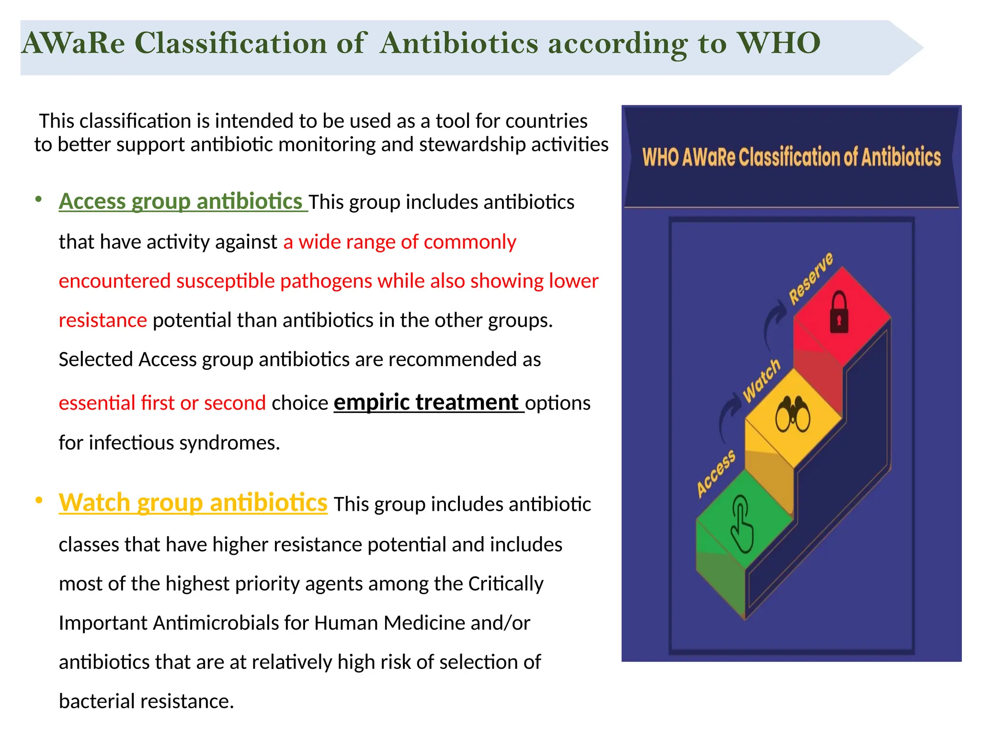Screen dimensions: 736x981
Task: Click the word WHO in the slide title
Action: click(778, 43)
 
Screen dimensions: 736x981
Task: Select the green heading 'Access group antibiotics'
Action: click(181, 201)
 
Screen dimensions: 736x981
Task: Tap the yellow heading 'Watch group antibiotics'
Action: click(193, 503)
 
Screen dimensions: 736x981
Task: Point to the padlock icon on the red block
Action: click(839, 312)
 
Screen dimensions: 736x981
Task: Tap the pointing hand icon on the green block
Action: click(741, 525)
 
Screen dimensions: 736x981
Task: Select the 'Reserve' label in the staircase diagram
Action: click(811, 278)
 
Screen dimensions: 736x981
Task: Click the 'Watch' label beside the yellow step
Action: click(762, 381)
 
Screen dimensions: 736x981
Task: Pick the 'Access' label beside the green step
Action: click(716, 473)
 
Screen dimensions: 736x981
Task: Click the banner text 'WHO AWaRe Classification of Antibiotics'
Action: click(791, 157)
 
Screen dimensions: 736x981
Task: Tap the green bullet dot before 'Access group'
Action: click(39, 199)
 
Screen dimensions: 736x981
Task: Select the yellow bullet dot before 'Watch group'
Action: click(39, 501)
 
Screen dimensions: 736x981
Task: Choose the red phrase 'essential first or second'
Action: click(162, 403)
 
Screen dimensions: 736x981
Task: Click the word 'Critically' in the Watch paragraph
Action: click(505, 584)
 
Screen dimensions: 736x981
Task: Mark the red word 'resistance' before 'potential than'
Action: click(103, 320)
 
